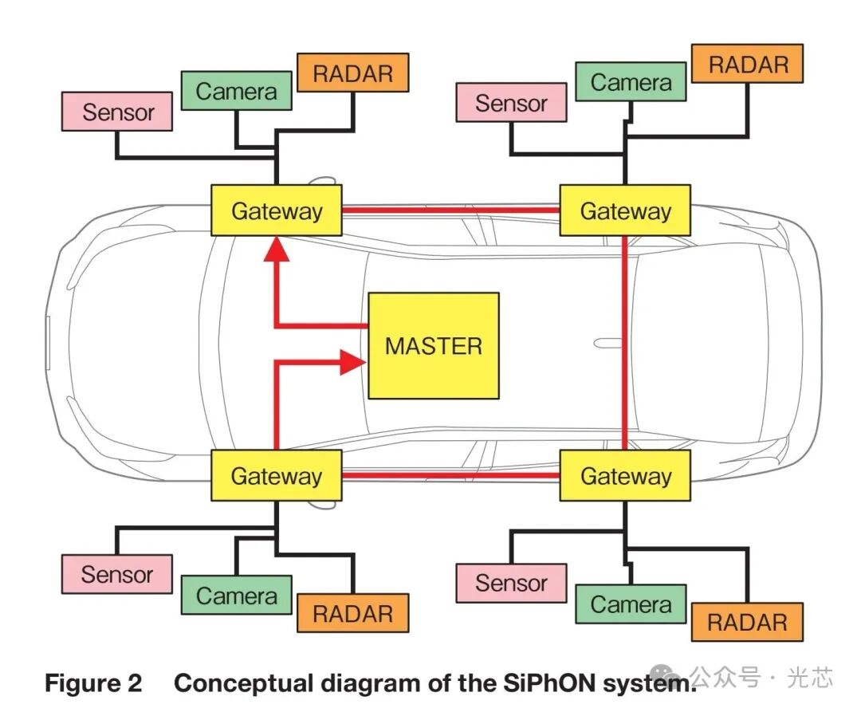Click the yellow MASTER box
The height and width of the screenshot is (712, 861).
click(433, 345)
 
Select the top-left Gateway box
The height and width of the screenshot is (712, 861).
click(276, 210)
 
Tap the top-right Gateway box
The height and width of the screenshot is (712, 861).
click(625, 210)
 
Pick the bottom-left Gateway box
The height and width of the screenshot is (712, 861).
click(276, 475)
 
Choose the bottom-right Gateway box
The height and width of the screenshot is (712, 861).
click(625, 475)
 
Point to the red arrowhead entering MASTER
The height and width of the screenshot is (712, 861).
click(353, 362)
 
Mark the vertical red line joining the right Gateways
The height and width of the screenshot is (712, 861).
click(625, 343)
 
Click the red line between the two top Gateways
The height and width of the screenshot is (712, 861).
click(450, 210)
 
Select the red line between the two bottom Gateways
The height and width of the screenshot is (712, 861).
click(450, 475)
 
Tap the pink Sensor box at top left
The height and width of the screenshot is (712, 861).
click(117, 112)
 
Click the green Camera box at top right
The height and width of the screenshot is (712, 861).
click(631, 82)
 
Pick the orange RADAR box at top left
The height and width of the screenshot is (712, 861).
click(353, 73)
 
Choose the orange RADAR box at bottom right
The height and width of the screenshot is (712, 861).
click(747, 622)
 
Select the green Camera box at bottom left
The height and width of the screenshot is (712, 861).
click(237, 595)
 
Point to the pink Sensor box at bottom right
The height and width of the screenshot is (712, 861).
click(511, 583)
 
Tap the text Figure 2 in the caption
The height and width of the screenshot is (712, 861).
click(93, 683)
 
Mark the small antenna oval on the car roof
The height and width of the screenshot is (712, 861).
click(607, 344)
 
